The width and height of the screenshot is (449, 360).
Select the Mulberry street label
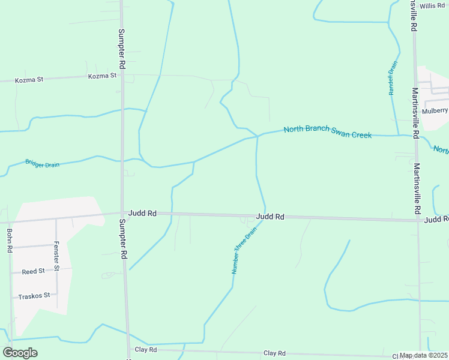click(x=435, y=110)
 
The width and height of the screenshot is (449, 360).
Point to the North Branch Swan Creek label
click(x=328, y=132)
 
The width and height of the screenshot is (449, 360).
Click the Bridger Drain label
click(x=42, y=163)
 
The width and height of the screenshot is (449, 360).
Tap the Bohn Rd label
click(x=10, y=240)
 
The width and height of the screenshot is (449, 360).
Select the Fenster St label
click(x=56, y=254)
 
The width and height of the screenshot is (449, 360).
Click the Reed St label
click(x=33, y=271)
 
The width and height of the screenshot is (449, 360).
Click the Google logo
click(x=20, y=353)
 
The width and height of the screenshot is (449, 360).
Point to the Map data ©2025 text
click(x=423, y=355)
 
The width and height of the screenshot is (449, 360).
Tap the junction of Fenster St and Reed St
click(x=56, y=271)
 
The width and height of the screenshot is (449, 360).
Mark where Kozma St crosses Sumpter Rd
click(x=122, y=76)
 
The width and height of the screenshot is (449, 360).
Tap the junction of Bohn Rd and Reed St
click(x=11, y=273)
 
